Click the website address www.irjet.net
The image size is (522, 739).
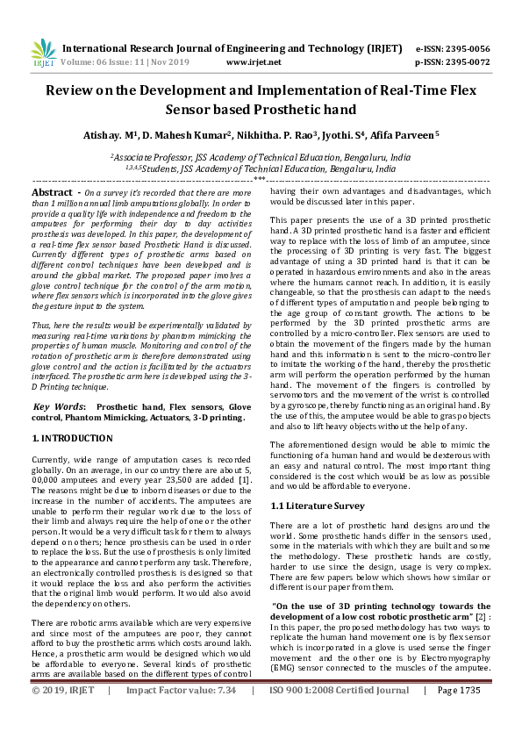pyautogui.click(x=254, y=62)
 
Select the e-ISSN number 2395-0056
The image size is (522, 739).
pyautogui.click(x=469, y=49)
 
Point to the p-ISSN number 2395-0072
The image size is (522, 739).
pyautogui.click(x=469, y=62)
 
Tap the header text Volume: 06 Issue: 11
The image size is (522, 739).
pyautogui.click(x=104, y=62)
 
